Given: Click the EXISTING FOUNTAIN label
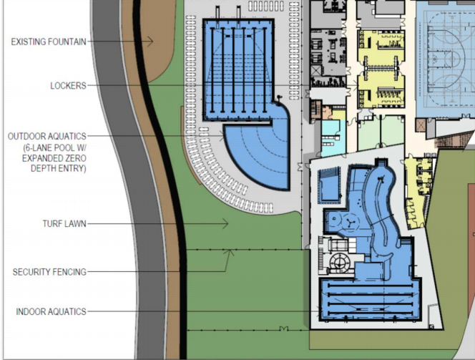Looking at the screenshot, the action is pyautogui.click(x=49, y=42).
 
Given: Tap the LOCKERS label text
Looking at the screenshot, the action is pyautogui.click(x=68, y=86).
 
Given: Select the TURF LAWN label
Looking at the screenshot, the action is pyautogui.click(x=64, y=223).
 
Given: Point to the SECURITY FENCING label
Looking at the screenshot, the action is pyautogui.click(x=49, y=272).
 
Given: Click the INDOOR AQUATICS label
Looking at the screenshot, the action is pyautogui.click(x=51, y=311).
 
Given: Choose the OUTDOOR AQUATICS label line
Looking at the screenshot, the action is pyautogui.click(x=47, y=137).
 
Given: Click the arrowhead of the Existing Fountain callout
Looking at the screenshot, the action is pyautogui.click(x=150, y=42).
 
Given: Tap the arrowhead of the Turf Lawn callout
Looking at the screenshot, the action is pyautogui.click(x=225, y=224).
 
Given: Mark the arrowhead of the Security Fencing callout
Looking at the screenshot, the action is pyautogui.click(x=230, y=253).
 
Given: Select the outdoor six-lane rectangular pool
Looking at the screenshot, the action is pyautogui.click(x=239, y=69).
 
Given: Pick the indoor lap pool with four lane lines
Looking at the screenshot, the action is pyautogui.click(x=371, y=299).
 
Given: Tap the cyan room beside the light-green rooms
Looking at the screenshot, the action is pyautogui.click(x=333, y=138).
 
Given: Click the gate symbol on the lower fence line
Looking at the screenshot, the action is pyautogui.click(x=283, y=329).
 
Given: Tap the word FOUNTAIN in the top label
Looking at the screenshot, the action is pyautogui.click(x=67, y=42).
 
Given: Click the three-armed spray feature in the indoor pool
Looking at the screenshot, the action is pyautogui.click(x=351, y=223).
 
